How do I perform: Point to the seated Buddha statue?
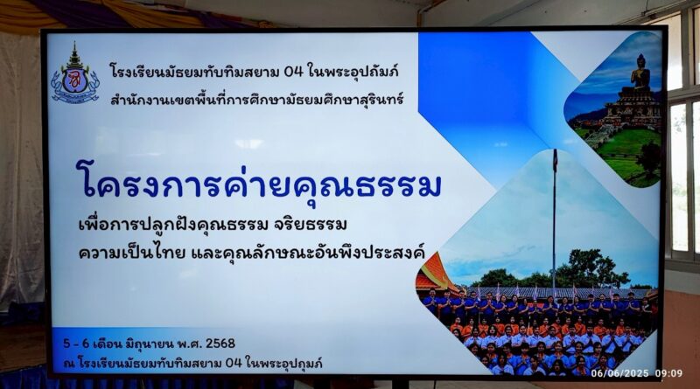640,73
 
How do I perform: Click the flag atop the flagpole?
555,161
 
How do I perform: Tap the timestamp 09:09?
668,373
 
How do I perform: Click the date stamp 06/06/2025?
619,373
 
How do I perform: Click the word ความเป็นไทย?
132,253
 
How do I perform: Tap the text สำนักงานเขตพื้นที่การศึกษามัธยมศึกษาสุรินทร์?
256,99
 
